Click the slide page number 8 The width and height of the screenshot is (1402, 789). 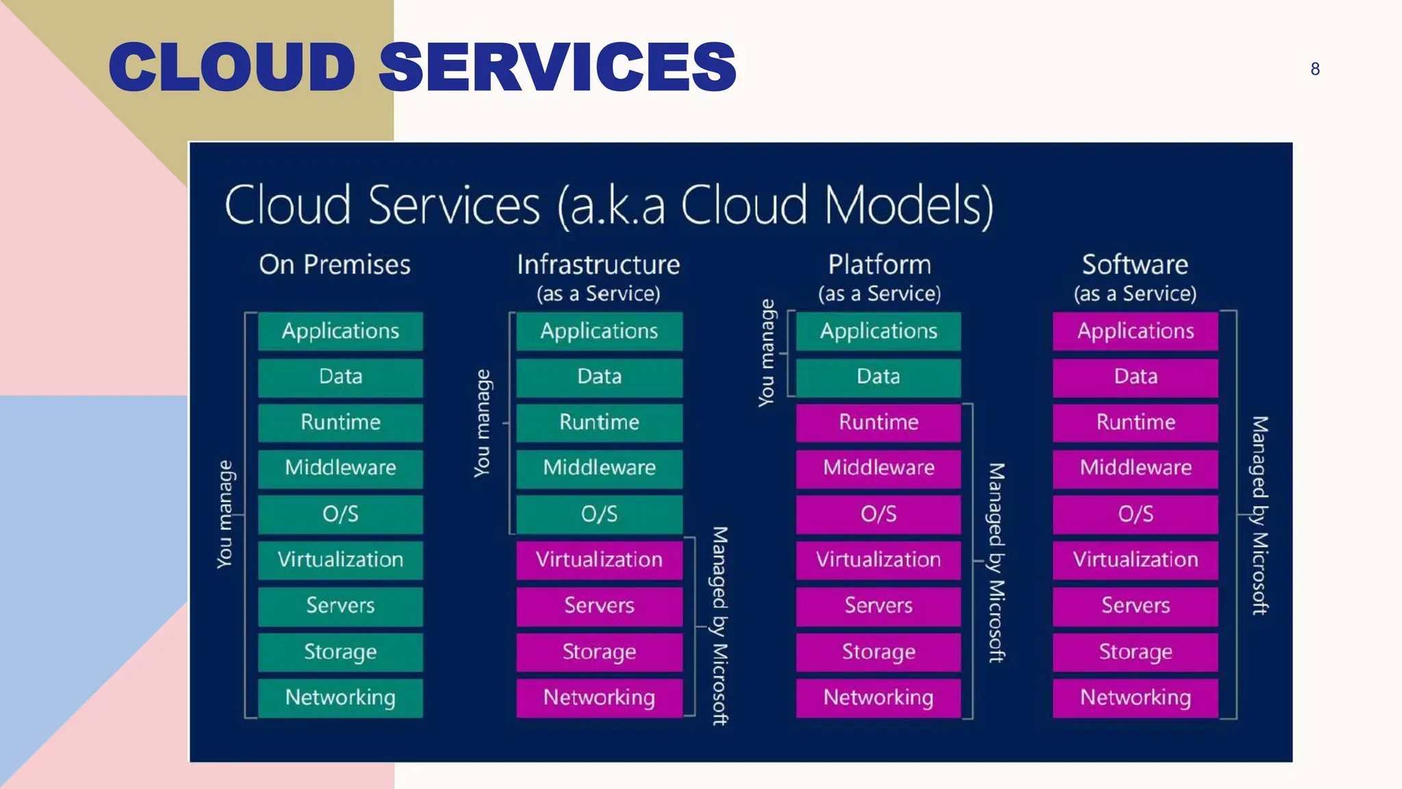click(x=1314, y=69)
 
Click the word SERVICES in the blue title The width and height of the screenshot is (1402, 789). click(x=557, y=66)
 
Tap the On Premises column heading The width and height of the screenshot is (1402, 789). click(x=335, y=264)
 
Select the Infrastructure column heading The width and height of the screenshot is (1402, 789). click(x=598, y=264)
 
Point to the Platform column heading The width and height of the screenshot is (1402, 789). click(x=879, y=264)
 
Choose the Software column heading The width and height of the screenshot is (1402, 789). click(x=1135, y=264)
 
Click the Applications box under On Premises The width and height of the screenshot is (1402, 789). click(x=340, y=331)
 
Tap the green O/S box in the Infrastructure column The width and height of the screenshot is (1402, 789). click(x=599, y=514)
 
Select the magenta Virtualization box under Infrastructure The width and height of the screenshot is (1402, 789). click(x=599, y=560)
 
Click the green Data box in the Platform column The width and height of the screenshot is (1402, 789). click(x=878, y=377)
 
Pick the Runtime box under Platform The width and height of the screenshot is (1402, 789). click(x=878, y=422)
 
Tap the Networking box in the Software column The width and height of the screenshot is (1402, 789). click(x=1135, y=697)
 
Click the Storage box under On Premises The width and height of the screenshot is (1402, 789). click(x=340, y=651)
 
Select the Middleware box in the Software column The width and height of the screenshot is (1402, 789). click(x=1135, y=468)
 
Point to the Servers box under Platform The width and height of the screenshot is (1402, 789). click(x=878, y=605)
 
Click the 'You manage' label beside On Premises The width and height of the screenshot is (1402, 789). click(x=225, y=514)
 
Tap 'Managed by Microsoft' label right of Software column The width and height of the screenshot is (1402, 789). click(x=1260, y=515)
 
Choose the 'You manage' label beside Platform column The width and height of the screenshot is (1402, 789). click(x=767, y=353)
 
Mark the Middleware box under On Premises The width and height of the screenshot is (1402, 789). click(x=340, y=468)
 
